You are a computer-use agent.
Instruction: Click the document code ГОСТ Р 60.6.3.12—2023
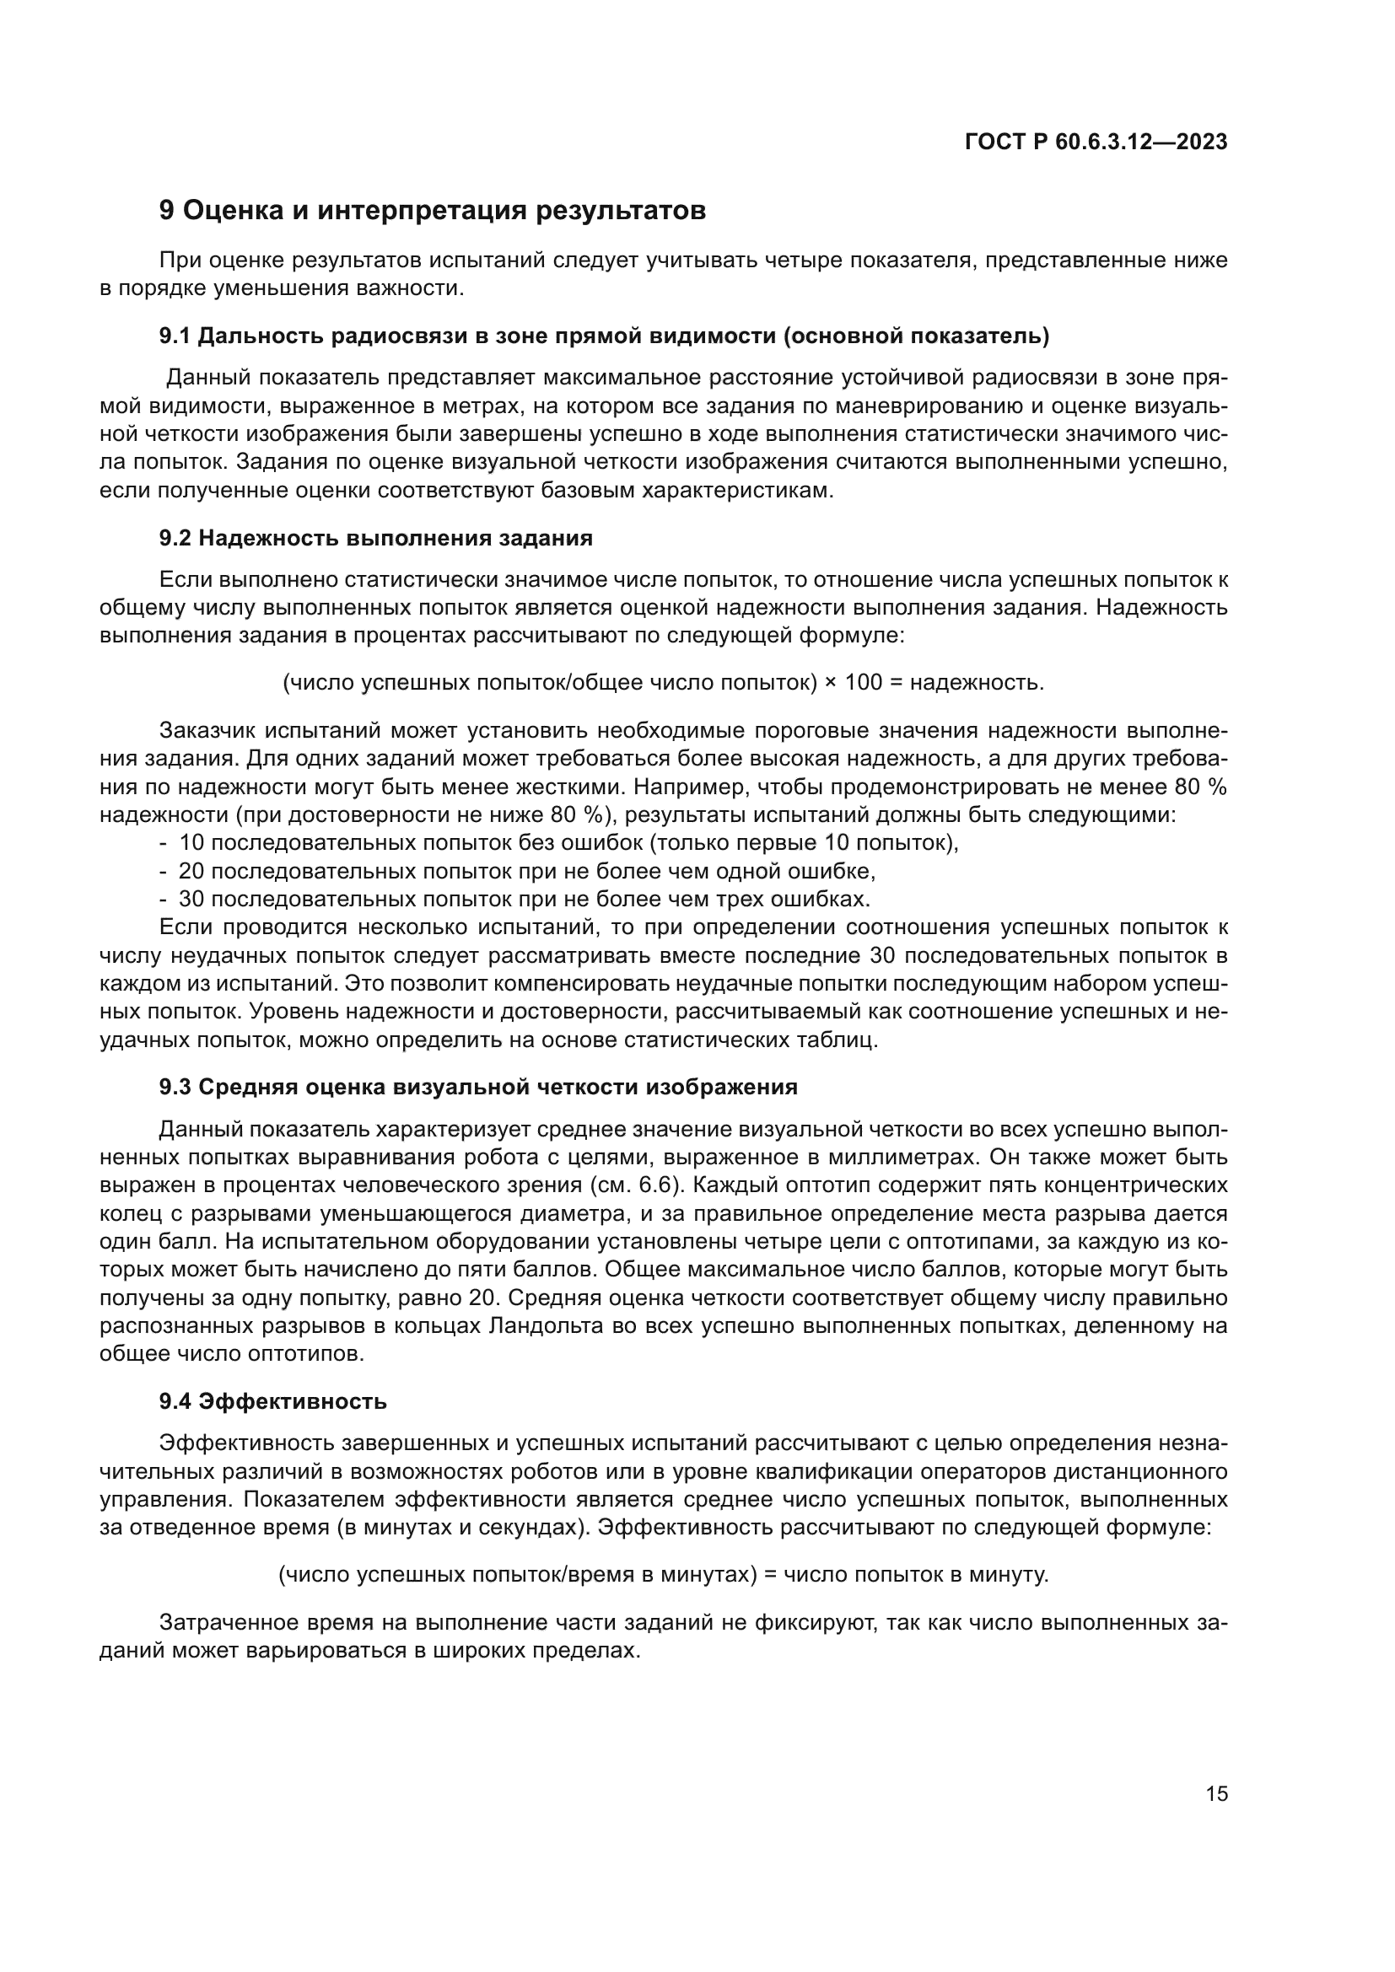point(1096,142)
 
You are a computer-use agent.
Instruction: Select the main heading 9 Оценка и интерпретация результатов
point(432,211)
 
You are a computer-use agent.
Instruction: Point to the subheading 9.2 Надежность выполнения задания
point(375,539)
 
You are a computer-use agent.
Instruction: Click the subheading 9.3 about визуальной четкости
point(477,1088)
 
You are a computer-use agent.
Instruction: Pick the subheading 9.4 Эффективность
point(272,1402)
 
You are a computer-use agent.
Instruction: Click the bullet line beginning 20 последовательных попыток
point(525,871)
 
